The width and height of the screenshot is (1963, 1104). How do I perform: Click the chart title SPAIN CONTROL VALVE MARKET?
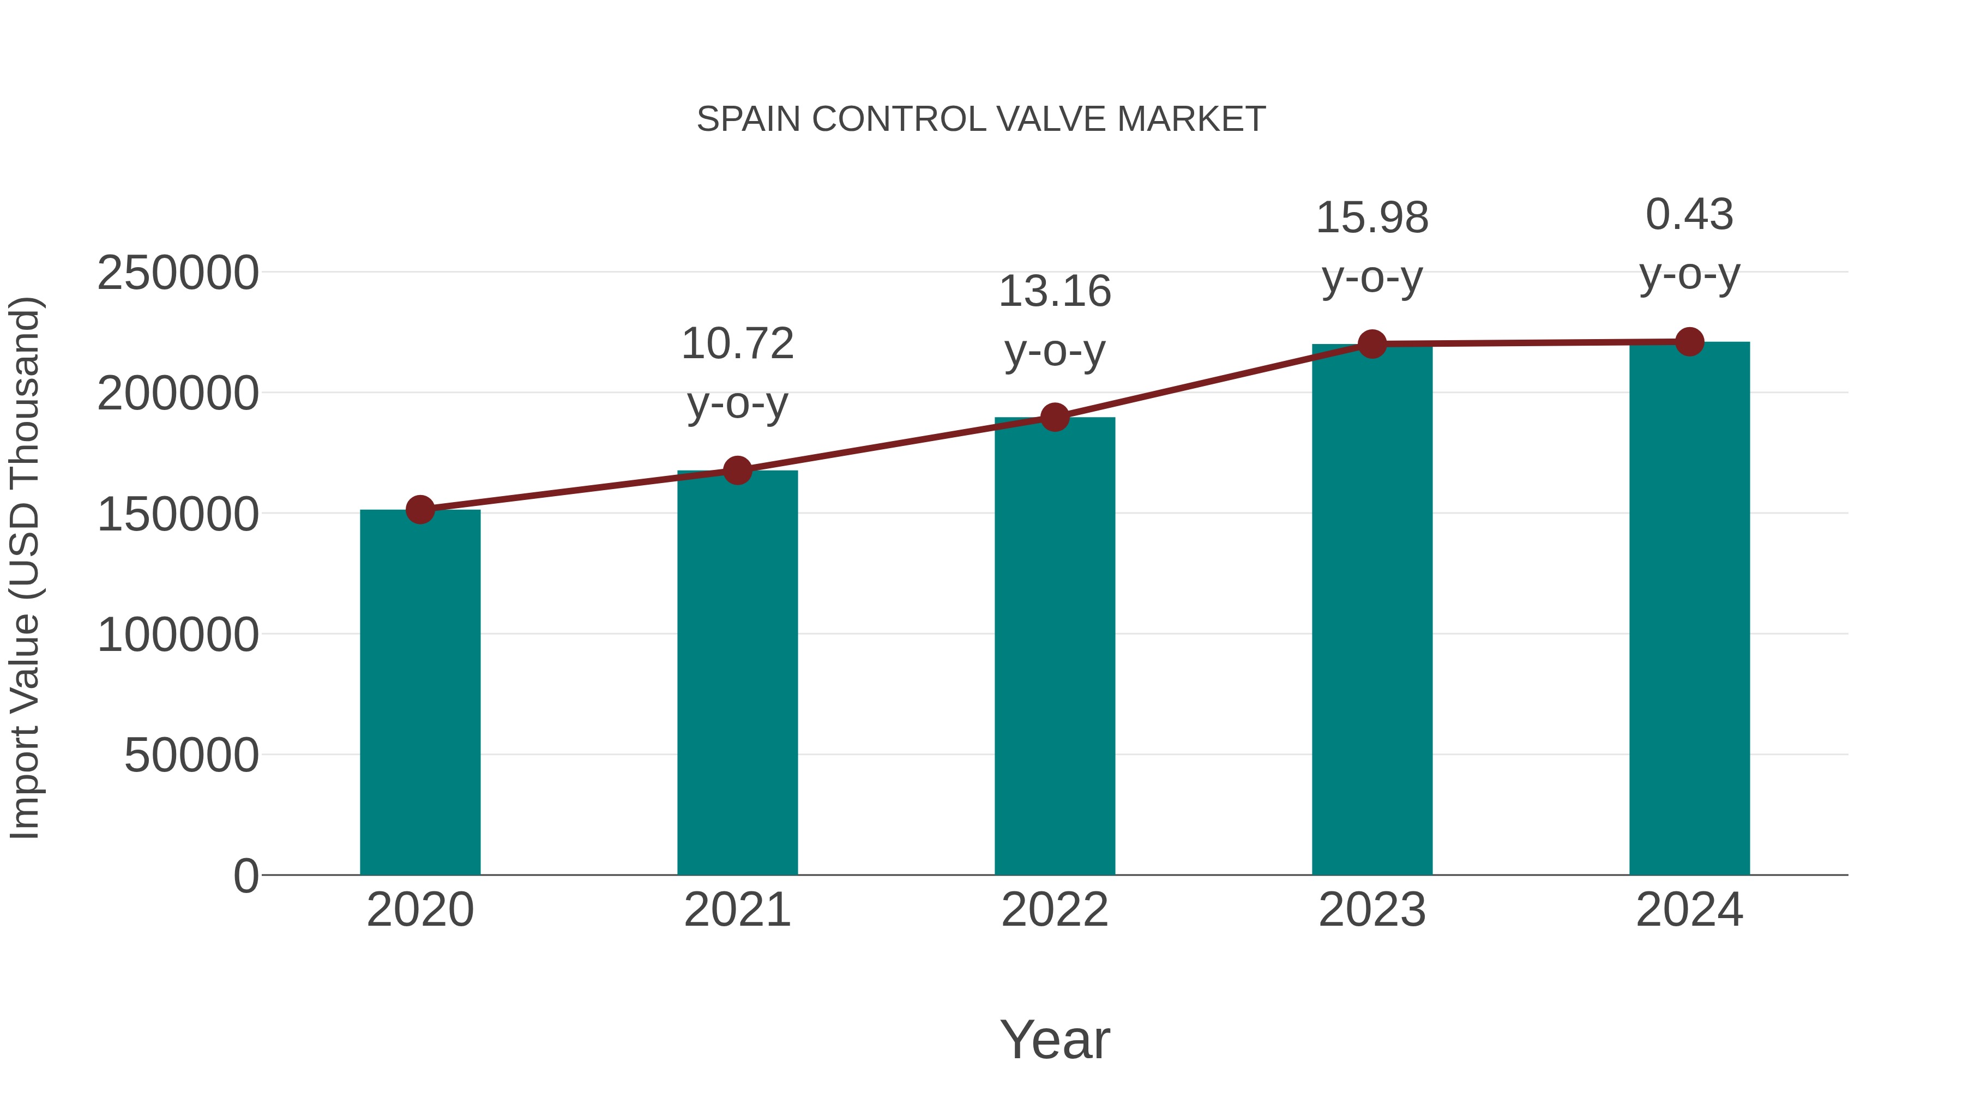coord(981,119)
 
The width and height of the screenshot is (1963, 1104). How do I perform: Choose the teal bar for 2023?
coord(1372,609)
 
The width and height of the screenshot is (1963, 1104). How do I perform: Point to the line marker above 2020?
coord(420,510)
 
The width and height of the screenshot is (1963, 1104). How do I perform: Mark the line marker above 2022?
coord(1055,418)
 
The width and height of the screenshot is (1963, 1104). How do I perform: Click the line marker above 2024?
coord(1689,342)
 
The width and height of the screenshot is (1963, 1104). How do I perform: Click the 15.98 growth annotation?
coord(1372,247)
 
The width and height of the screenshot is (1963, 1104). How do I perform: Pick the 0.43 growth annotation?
coord(1689,244)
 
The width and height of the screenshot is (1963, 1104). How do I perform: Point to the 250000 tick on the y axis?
coord(178,274)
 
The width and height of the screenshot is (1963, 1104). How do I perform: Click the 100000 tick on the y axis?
coord(178,636)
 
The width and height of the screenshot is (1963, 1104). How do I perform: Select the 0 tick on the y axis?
coord(245,876)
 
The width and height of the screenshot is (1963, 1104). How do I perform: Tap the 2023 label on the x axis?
coord(1372,910)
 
